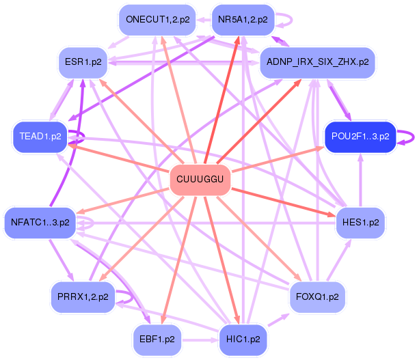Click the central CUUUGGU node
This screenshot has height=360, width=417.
pos(200,180)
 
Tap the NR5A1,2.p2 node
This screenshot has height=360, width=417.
pos(243,19)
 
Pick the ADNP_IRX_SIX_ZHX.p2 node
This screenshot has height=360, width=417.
pos(318,61)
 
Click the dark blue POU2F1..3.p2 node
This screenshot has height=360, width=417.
pos(360,136)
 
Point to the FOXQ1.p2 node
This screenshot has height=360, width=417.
pos(317,297)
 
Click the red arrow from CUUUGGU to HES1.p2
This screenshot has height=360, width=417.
pos(287,202)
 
